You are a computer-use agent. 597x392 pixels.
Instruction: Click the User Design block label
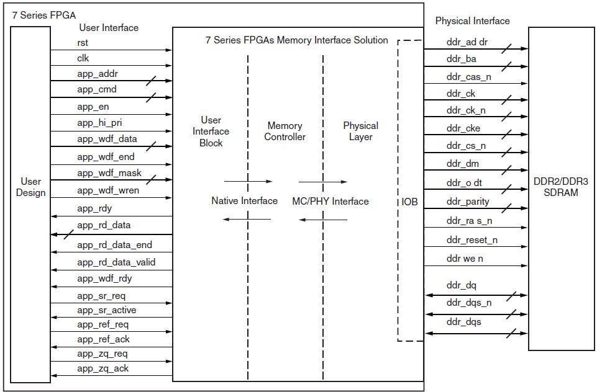[x=31, y=187]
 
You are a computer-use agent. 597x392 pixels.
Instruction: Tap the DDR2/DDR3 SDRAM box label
[x=560, y=187]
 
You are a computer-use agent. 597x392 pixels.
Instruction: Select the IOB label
[x=409, y=202]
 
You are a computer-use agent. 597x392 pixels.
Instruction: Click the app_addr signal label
[x=98, y=74]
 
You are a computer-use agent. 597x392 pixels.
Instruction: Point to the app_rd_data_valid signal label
[x=116, y=262]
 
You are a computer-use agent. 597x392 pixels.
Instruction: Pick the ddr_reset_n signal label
[x=472, y=239]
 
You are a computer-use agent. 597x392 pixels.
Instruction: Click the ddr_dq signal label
[x=461, y=285]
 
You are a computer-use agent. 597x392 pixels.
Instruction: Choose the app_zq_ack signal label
[x=103, y=368]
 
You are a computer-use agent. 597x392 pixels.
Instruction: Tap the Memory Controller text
[x=285, y=131]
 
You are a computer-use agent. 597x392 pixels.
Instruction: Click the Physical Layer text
[x=360, y=131]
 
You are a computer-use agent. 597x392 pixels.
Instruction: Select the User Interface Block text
[x=211, y=131]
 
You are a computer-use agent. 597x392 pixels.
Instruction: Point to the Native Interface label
[x=244, y=200]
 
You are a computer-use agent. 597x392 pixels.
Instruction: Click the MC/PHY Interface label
[x=330, y=201]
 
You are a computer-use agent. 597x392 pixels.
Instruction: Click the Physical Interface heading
[x=472, y=20]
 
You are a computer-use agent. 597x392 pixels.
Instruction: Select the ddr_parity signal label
[x=467, y=201]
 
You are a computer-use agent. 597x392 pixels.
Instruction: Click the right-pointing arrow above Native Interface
[x=248, y=182]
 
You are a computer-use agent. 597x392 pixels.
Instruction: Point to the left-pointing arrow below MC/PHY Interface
[x=322, y=220]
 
